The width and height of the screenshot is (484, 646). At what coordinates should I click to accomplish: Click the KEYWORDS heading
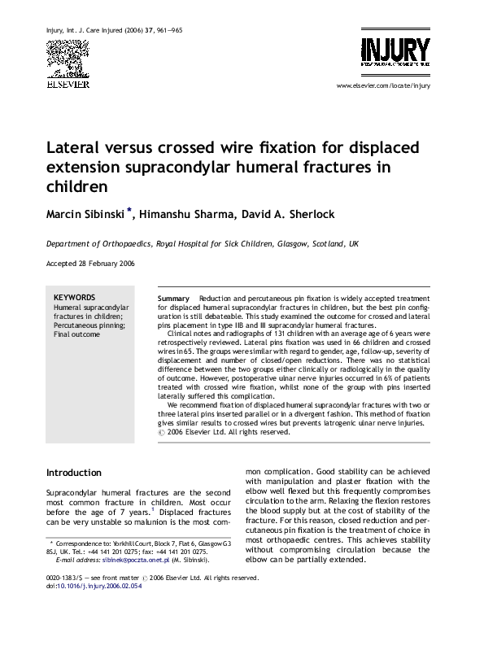[x=74, y=298]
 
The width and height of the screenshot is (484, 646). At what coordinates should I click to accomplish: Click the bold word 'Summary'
[x=173, y=299]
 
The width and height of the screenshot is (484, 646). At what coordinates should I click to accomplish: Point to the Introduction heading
[x=74, y=473]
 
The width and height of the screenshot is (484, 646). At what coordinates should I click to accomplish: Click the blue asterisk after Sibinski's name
[x=129, y=211]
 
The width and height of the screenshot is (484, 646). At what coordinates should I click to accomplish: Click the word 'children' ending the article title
[x=77, y=186]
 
